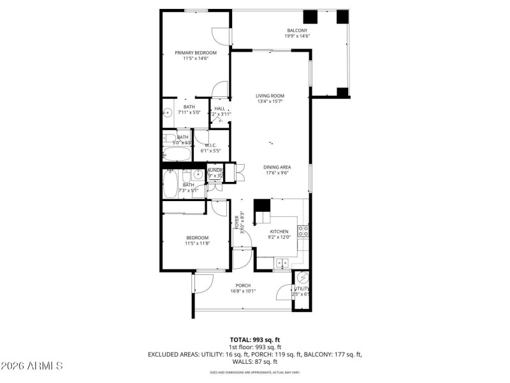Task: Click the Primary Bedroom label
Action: click(196, 52)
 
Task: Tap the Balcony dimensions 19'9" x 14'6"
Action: click(297, 36)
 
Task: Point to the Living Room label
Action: click(270, 96)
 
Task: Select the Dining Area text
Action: click(277, 167)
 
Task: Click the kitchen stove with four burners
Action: click(303, 231)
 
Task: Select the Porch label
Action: click(243, 285)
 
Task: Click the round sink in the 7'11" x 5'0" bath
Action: click(168, 113)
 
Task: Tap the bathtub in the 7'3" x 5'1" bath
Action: click(170, 184)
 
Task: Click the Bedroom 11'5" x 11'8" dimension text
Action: click(197, 243)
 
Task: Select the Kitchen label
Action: click(279, 232)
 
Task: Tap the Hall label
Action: click(219, 109)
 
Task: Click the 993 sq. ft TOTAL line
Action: click(255, 340)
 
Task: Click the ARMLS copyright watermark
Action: click(32, 366)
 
